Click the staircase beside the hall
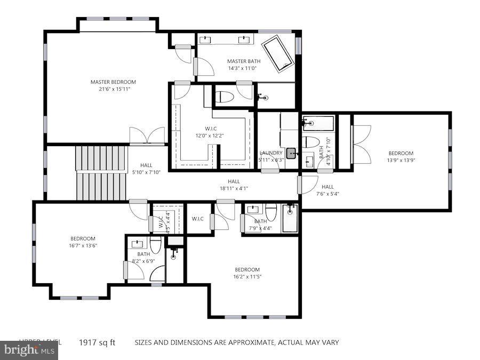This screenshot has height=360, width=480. pyautogui.click(x=100, y=172)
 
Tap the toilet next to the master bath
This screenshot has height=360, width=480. pyautogui.click(x=225, y=97)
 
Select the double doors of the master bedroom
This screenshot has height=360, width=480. pyautogui.click(x=147, y=136)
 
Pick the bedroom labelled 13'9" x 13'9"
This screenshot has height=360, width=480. pyautogui.click(x=401, y=157)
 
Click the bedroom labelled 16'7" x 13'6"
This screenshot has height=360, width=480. pyautogui.click(x=83, y=242)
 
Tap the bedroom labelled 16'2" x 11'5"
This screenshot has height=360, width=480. pyautogui.click(x=247, y=273)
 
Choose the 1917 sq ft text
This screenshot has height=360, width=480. pyautogui.click(x=98, y=342)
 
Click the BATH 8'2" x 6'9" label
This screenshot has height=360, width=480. pyautogui.click(x=143, y=258)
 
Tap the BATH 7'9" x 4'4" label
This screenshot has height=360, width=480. pyautogui.click(x=260, y=225)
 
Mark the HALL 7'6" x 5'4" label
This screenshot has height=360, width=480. pyautogui.click(x=327, y=190)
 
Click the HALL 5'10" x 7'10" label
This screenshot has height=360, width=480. pyautogui.click(x=147, y=169)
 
